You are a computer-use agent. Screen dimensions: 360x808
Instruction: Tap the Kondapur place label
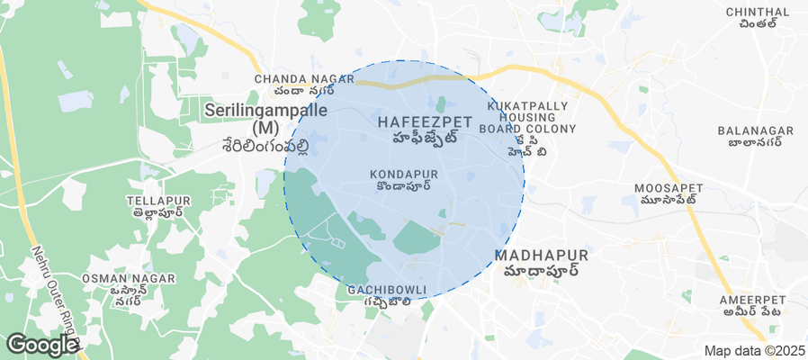tap(404, 172)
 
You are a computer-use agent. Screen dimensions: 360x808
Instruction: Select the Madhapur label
tap(541, 256)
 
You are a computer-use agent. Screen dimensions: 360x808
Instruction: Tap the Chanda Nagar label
tap(294, 79)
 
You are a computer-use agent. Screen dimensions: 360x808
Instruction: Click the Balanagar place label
tap(755, 130)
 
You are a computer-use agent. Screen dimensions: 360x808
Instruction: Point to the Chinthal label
tap(758, 12)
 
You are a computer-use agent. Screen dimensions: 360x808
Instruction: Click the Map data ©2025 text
tap(754, 351)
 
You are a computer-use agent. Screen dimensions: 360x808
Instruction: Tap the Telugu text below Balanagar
tap(754, 143)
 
